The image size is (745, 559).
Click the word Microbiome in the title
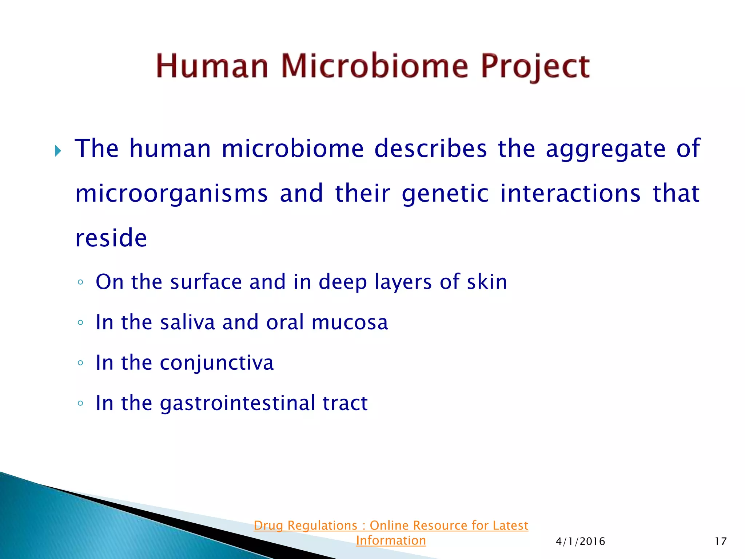375,66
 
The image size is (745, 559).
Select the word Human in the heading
212,66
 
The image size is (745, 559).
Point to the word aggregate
606,149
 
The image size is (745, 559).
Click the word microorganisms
172,194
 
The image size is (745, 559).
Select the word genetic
445,194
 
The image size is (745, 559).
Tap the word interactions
570,193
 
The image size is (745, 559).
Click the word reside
111,238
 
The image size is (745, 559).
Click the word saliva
187,322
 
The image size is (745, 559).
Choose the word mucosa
350,323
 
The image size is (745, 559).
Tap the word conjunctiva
217,363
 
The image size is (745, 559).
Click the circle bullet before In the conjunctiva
81,363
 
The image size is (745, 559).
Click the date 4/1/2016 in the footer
580,542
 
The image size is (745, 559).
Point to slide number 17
720,542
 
